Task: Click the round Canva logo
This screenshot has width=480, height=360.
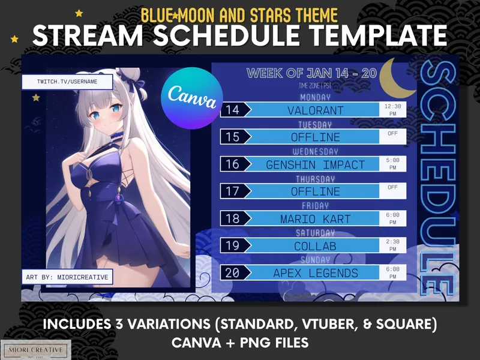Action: point(193,96)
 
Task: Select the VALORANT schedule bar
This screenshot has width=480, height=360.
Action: point(314,110)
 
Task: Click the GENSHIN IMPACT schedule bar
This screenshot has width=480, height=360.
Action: point(314,164)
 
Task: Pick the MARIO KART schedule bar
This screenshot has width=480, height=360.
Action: point(314,218)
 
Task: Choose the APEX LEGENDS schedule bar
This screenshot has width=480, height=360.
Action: point(314,273)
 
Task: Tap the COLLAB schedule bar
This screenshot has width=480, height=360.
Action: point(314,246)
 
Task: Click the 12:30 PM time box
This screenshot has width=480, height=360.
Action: point(393,109)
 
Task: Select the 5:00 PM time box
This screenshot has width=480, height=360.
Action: point(393,163)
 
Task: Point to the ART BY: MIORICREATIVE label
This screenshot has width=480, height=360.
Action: point(67,277)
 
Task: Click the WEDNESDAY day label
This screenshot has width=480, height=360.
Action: point(315,151)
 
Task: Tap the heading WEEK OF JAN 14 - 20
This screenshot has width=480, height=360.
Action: point(311,74)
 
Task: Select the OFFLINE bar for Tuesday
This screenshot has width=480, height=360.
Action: point(314,137)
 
